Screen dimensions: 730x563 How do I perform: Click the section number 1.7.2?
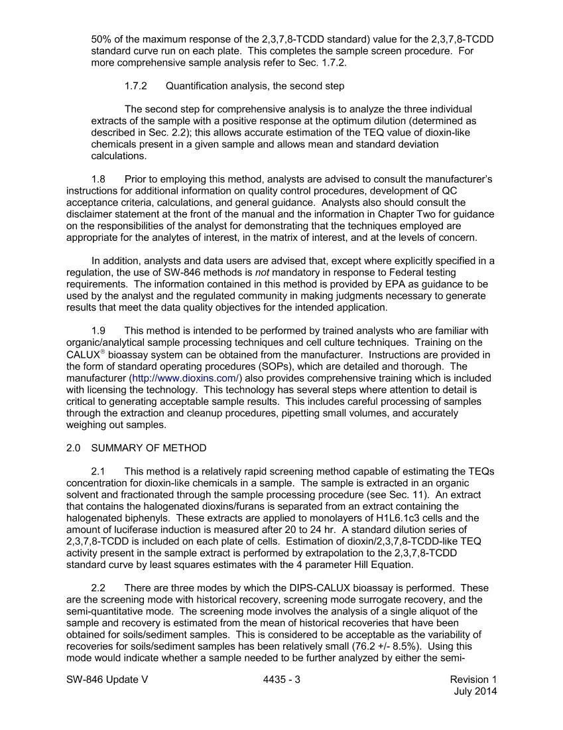[135, 86]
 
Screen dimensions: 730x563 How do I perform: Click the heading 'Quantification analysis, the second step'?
[255, 86]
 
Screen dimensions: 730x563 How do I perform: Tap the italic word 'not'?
[263, 273]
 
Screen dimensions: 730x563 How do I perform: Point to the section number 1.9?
[99, 331]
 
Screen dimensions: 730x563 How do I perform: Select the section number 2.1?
[99, 471]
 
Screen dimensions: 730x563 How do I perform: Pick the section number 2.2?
[99, 588]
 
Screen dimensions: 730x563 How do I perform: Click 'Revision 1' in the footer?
[473, 680]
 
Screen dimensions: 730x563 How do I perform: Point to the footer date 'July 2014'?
[475, 692]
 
